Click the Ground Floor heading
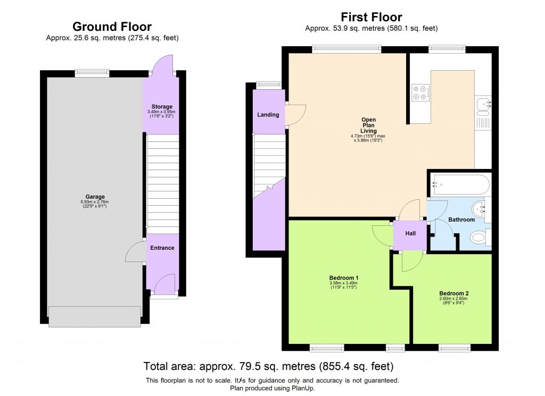point(112,27)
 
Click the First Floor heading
point(371,17)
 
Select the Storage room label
point(161,107)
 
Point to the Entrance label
point(162,248)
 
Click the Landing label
point(268,115)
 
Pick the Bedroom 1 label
point(343,277)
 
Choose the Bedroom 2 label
point(453,293)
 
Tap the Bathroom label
point(461,220)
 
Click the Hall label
point(410,233)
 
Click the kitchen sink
point(483,104)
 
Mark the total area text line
point(268,366)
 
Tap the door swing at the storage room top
point(160,66)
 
